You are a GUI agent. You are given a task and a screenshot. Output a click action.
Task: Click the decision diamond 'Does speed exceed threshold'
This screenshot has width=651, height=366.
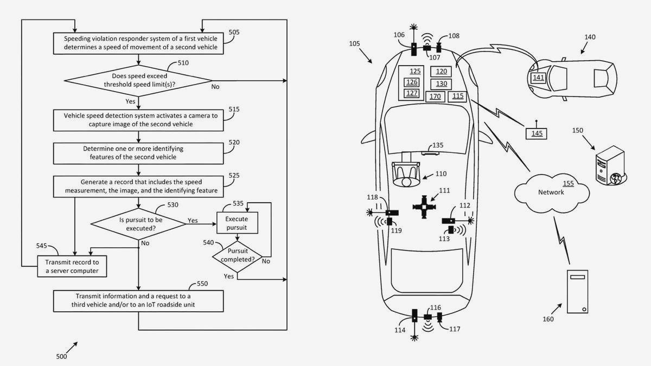click(x=138, y=81)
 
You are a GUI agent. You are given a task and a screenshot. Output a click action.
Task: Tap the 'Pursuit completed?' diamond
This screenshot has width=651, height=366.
click(x=237, y=255)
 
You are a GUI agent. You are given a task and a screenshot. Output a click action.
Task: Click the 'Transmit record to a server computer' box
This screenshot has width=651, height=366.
click(x=72, y=266)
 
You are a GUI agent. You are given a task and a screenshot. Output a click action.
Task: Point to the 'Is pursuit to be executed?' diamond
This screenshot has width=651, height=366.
click(x=138, y=224)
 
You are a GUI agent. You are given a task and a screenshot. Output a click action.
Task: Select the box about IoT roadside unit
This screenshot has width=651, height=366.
click(x=138, y=301)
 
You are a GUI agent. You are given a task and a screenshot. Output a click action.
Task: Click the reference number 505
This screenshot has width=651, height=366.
click(x=234, y=32)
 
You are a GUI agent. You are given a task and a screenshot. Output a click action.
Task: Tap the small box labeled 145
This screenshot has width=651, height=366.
click(x=537, y=133)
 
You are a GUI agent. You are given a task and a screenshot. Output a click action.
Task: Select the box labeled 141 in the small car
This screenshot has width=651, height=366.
click(x=538, y=78)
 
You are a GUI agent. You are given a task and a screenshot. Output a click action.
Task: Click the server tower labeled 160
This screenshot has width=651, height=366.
click(x=578, y=292)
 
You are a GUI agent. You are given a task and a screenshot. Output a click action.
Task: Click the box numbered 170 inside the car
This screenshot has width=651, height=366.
click(x=435, y=97)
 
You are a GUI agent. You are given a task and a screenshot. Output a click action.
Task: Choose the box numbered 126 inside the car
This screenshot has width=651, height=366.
click(x=412, y=82)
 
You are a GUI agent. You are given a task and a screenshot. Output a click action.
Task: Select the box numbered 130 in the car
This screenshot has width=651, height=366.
click(x=441, y=84)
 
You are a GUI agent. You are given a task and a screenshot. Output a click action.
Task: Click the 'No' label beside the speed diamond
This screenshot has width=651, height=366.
click(x=215, y=87)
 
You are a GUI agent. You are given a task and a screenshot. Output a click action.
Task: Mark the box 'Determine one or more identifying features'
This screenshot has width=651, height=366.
click(x=138, y=153)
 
